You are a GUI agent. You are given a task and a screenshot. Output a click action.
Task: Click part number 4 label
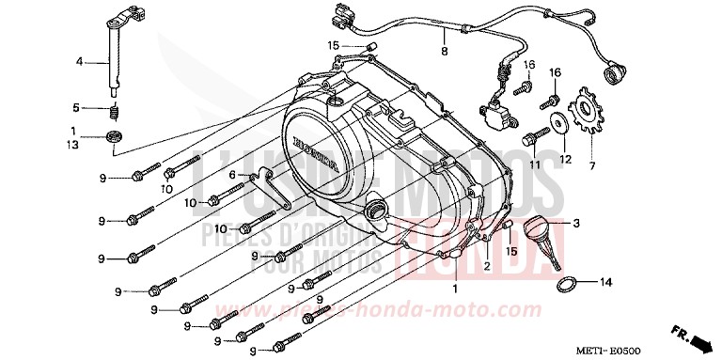point(80,61)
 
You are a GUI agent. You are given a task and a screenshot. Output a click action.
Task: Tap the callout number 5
point(80,107)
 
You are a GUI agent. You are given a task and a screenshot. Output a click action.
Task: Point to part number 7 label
point(592,165)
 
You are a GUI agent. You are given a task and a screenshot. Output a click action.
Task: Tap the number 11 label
point(532,164)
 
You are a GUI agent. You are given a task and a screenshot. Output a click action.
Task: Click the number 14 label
point(607,282)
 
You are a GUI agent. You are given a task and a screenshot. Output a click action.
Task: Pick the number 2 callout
point(488,266)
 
